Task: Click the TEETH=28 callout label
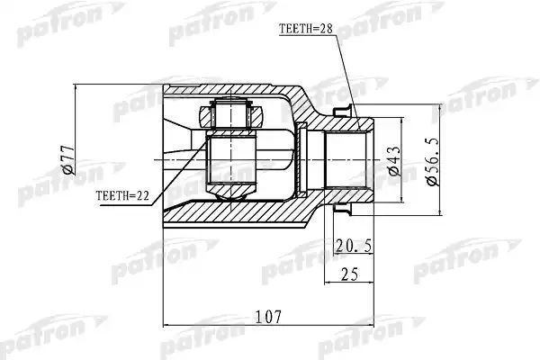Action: click(x=306, y=29)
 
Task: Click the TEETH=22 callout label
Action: click(x=122, y=196)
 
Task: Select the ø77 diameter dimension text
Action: click(x=67, y=159)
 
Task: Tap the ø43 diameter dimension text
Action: click(x=394, y=161)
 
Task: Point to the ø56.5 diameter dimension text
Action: click(x=433, y=162)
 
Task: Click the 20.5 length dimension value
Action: click(x=354, y=246)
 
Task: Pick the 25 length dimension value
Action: click(x=349, y=274)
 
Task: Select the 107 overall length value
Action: click(x=268, y=317)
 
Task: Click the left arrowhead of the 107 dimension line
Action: click(x=166, y=325)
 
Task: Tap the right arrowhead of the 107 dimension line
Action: click(x=371, y=325)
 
